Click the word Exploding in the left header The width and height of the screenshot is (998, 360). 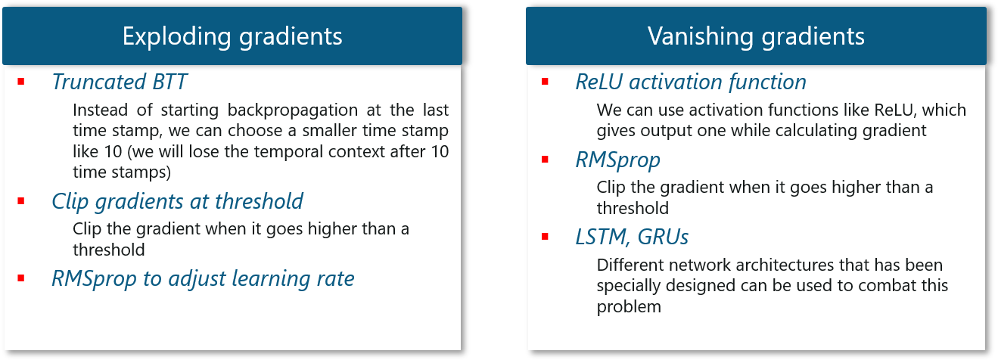tap(177, 36)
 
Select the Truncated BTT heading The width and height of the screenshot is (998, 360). tap(120, 82)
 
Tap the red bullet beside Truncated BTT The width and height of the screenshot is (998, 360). tap(21, 81)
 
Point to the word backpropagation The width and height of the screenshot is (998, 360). tap(292, 110)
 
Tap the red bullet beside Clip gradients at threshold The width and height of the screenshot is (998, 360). tap(21, 201)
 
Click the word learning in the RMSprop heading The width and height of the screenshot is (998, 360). tap(271, 279)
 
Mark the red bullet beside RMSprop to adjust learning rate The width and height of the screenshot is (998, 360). tap(21, 278)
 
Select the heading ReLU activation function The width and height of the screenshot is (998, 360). tap(691, 82)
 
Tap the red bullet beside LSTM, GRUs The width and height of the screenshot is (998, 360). tap(545, 237)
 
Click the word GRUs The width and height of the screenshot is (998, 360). tap(663, 237)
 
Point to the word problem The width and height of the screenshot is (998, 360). tap(629, 307)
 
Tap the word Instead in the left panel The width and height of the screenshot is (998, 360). tap(100, 110)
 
